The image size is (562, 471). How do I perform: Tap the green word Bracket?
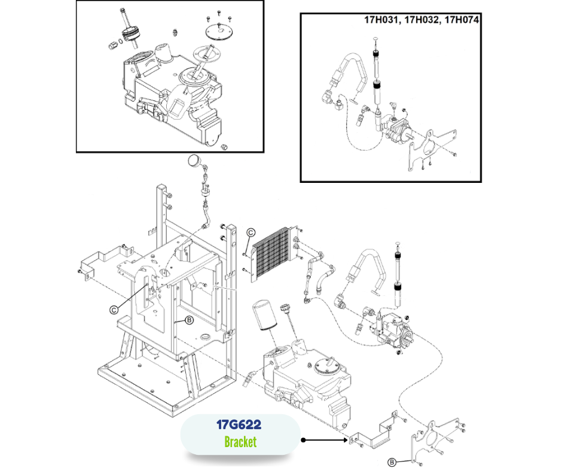coord(240,442)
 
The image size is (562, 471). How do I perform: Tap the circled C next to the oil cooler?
coord(251,233)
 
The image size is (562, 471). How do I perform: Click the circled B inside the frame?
coord(189,321)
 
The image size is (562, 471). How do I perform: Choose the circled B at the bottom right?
coord(392,461)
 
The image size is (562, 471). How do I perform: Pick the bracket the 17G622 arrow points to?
coord(374,433)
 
